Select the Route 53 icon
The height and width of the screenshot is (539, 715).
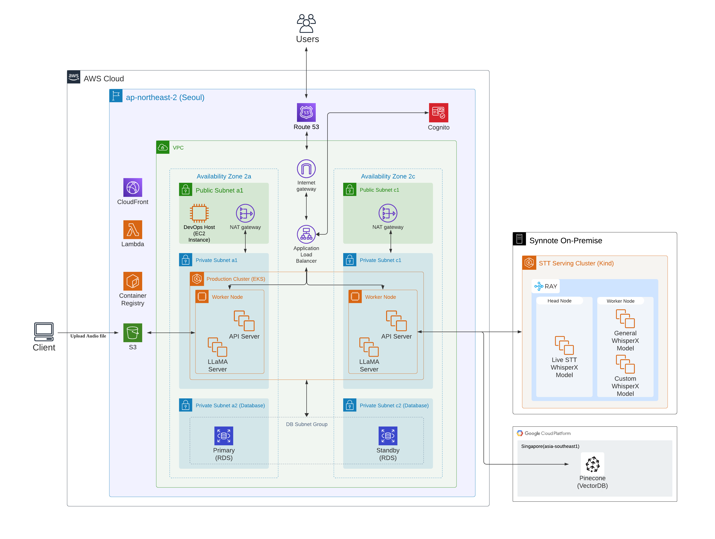click(x=306, y=112)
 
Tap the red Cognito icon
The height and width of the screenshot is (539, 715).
click(x=438, y=113)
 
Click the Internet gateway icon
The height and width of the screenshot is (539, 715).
click(x=306, y=168)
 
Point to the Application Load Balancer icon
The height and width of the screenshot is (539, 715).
click(x=306, y=234)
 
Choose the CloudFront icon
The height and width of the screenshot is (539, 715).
click(x=133, y=187)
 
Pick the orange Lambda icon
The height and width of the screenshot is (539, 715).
click(x=133, y=230)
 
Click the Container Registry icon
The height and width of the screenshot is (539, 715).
click(x=133, y=281)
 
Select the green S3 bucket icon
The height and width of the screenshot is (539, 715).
click(x=133, y=333)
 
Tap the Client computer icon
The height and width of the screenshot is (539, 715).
click(x=44, y=332)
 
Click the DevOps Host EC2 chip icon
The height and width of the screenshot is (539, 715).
click(x=199, y=213)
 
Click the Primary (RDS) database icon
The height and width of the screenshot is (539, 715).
click(x=224, y=436)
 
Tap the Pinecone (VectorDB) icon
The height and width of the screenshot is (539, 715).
click(x=592, y=464)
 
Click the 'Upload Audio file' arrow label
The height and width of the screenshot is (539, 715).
click(x=88, y=336)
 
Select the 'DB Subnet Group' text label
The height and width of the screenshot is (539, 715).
click(x=306, y=424)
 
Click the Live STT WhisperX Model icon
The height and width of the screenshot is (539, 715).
click(x=564, y=345)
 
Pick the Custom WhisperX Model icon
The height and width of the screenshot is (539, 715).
click(x=625, y=364)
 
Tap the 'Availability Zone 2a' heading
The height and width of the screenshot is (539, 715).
click(x=224, y=176)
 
